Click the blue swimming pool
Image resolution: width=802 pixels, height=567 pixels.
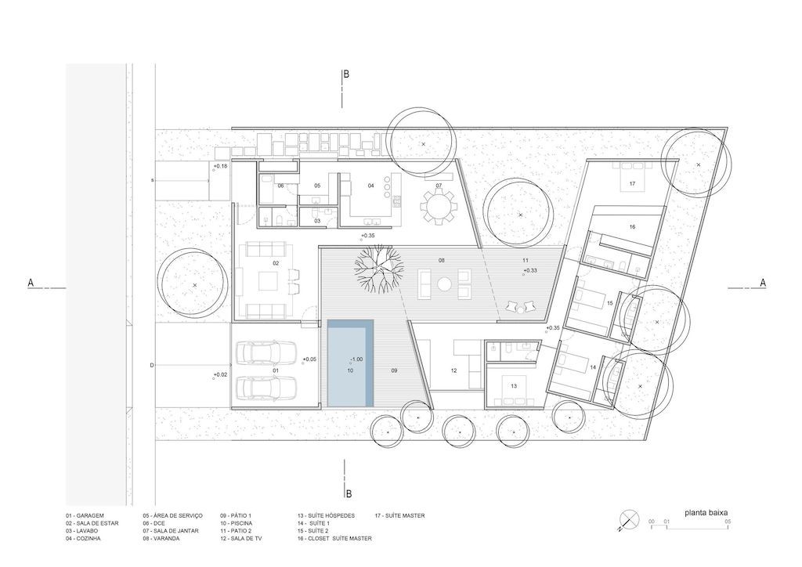pyautogui.click(x=350, y=363)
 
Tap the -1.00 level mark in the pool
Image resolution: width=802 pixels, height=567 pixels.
pyautogui.click(x=356, y=359)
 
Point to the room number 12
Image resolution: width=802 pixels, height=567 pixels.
pyautogui.click(x=453, y=370)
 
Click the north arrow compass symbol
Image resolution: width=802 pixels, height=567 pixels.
pyautogui.click(x=629, y=521)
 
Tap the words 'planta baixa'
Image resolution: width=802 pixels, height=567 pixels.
pyautogui.click(x=706, y=512)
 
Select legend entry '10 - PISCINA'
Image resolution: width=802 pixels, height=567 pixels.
pyautogui.click(x=237, y=523)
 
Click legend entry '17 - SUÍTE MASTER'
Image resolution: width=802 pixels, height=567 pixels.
pyautogui.click(x=400, y=515)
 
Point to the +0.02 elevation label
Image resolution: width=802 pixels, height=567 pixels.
pyautogui.click(x=220, y=375)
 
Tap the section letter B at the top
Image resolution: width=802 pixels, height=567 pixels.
pyautogui.click(x=346, y=74)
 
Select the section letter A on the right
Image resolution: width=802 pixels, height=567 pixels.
pyautogui.click(x=763, y=282)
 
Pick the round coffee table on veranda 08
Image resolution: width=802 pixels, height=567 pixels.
pyautogui.click(x=443, y=283)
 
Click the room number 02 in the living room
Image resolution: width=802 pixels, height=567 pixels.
pyautogui.click(x=276, y=263)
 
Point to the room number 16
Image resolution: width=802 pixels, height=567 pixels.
pyautogui.click(x=632, y=226)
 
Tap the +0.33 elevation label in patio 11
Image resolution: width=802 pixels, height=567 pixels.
pyautogui.click(x=530, y=270)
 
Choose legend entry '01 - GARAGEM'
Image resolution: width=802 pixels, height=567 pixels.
pyautogui.click(x=85, y=515)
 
